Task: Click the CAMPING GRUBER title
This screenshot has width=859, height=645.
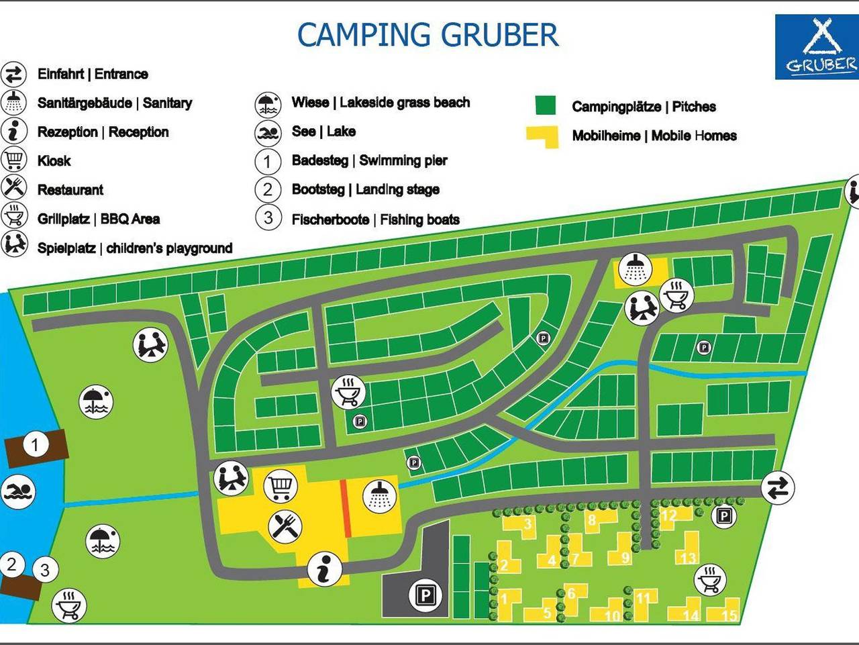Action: tap(427, 35)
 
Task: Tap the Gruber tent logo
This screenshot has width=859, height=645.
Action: tap(816, 47)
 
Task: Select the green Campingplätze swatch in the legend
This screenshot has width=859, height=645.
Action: tap(546, 106)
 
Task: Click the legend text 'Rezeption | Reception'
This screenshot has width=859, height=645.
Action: tap(103, 132)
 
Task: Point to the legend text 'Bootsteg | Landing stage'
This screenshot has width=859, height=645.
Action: tap(365, 190)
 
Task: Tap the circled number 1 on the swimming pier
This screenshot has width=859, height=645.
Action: tap(36, 444)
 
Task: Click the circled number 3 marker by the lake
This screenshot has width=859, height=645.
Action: tap(44, 570)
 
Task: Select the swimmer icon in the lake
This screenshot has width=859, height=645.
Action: tap(17, 492)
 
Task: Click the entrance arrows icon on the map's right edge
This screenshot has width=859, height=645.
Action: tap(778, 487)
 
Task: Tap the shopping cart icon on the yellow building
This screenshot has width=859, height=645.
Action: tap(281, 486)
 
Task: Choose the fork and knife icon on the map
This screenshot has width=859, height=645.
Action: tap(285, 526)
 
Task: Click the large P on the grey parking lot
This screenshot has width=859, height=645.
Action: tap(425, 595)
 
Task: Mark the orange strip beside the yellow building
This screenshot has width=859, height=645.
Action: tap(346, 508)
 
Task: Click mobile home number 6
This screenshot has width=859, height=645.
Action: tap(571, 593)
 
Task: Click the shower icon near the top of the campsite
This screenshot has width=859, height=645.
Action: tap(634, 269)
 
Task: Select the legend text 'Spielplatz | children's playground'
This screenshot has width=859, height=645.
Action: tap(134, 248)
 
